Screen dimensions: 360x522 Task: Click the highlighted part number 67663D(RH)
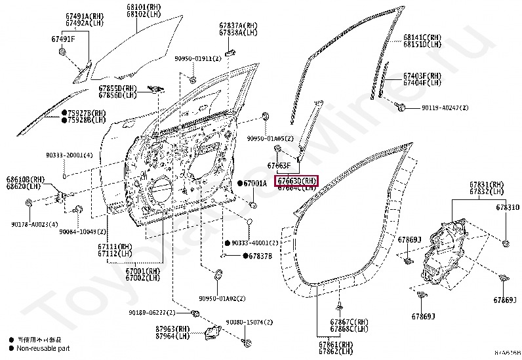point(297,181)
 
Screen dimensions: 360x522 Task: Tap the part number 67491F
point(64,39)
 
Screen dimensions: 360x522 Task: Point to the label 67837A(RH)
point(238,26)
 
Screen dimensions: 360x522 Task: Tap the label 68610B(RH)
point(26,179)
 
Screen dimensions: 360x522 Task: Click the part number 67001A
point(255,184)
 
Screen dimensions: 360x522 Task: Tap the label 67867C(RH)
point(350,321)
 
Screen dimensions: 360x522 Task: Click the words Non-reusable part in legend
point(43,349)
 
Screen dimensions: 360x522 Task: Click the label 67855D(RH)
point(118,88)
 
